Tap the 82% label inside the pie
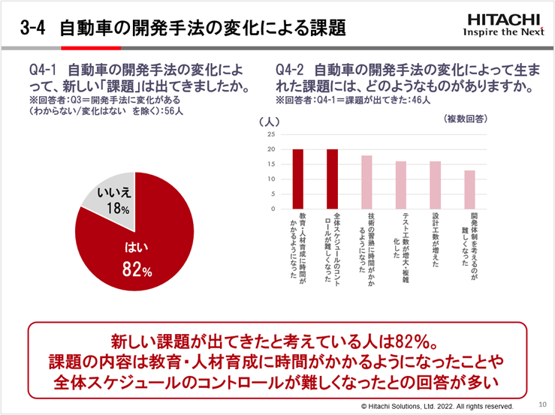(137, 269)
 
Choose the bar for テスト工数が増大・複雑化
(401, 185)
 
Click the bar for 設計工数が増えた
(436, 185)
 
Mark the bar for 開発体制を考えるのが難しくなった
(470, 190)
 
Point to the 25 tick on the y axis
(270, 134)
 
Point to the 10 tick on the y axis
(270, 179)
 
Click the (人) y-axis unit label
(268, 120)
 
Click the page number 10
(543, 403)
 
